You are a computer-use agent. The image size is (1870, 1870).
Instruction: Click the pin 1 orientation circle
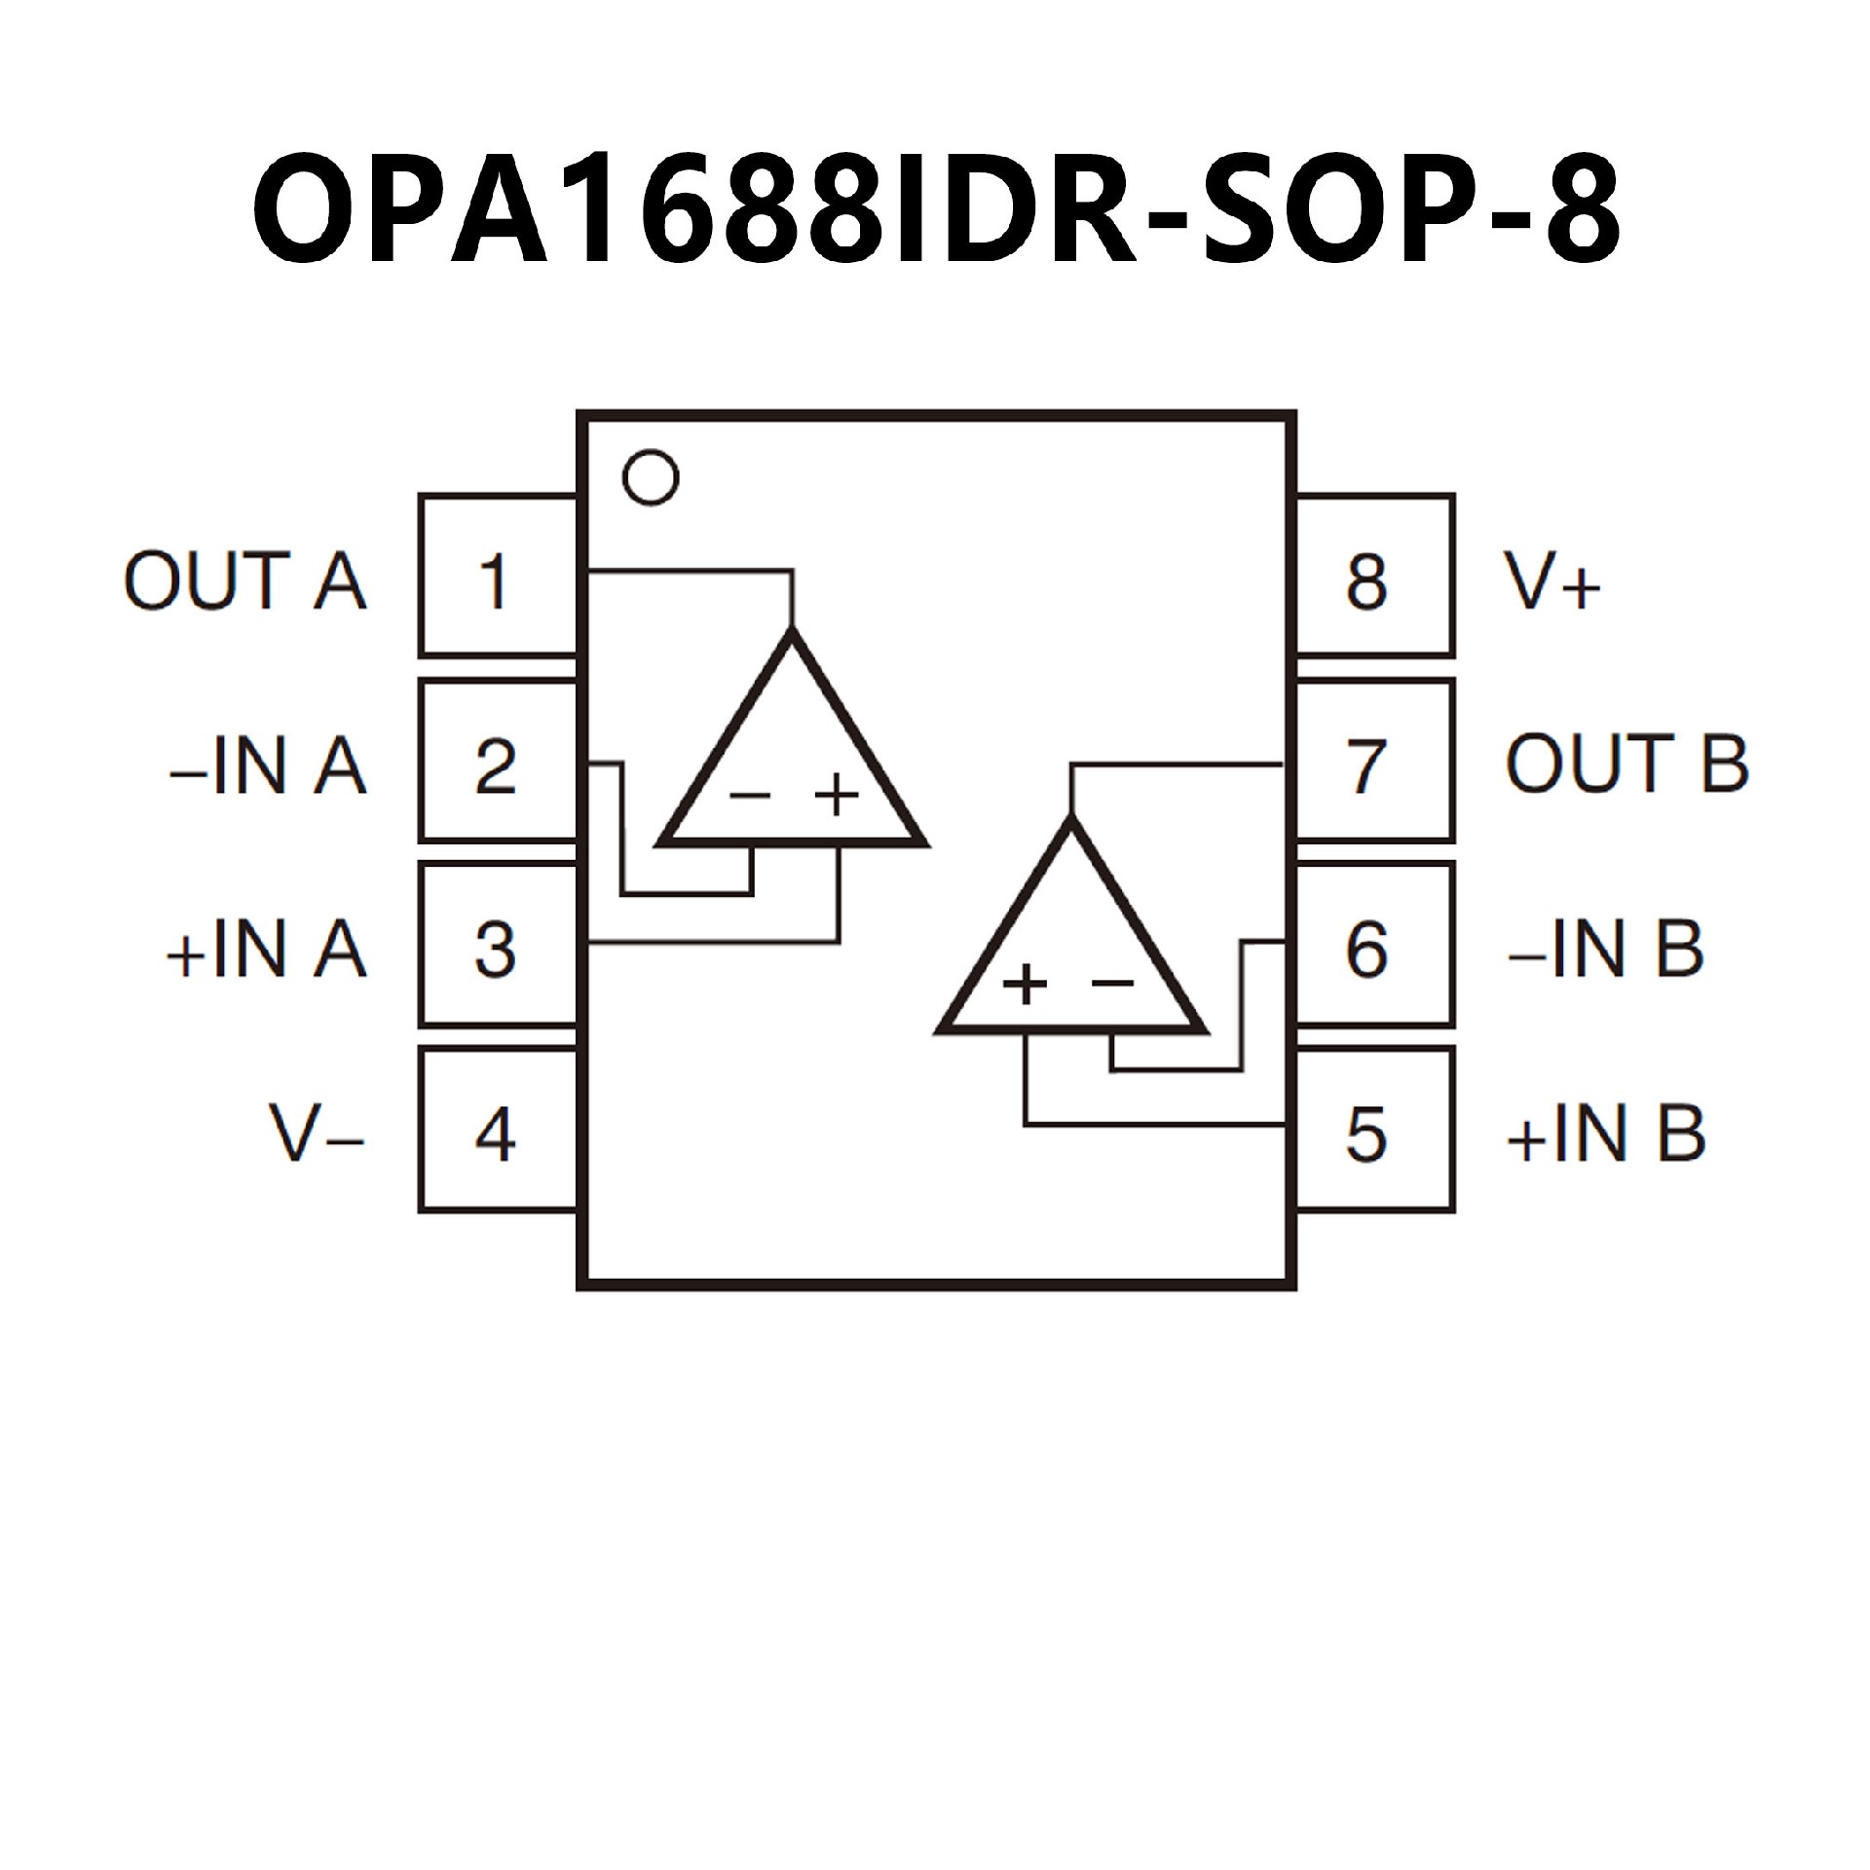pos(650,477)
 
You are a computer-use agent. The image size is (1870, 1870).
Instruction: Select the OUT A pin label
pos(244,581)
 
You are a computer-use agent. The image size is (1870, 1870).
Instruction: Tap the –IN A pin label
pos(268,767)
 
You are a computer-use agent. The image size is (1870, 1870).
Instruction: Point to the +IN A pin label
pos(266,950)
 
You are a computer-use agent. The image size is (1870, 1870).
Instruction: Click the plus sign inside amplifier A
pos(837,795)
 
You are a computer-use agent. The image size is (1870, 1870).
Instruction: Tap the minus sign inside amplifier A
pos(750,796)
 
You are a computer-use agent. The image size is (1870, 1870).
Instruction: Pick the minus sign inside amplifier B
pos(1112,983)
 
